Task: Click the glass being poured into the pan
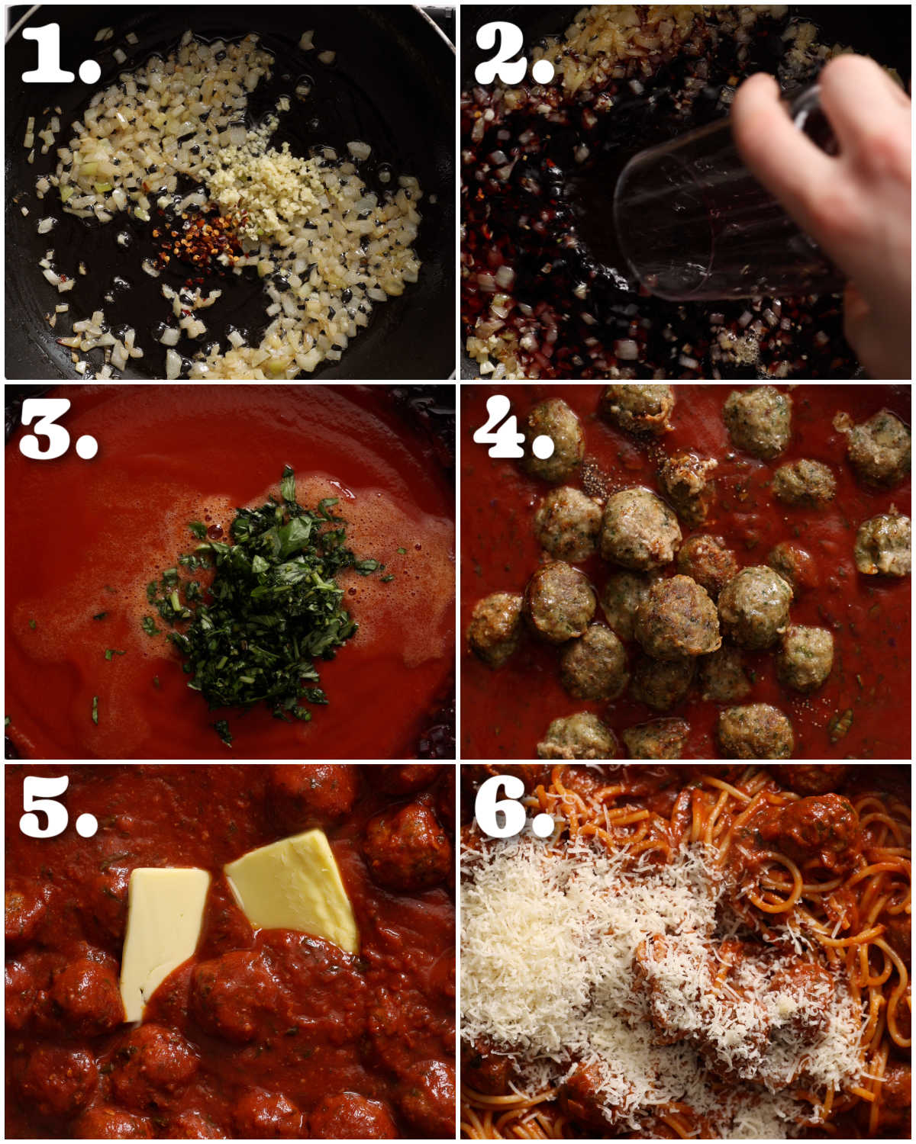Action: click(687, 221)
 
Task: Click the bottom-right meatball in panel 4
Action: click(756, 731)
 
